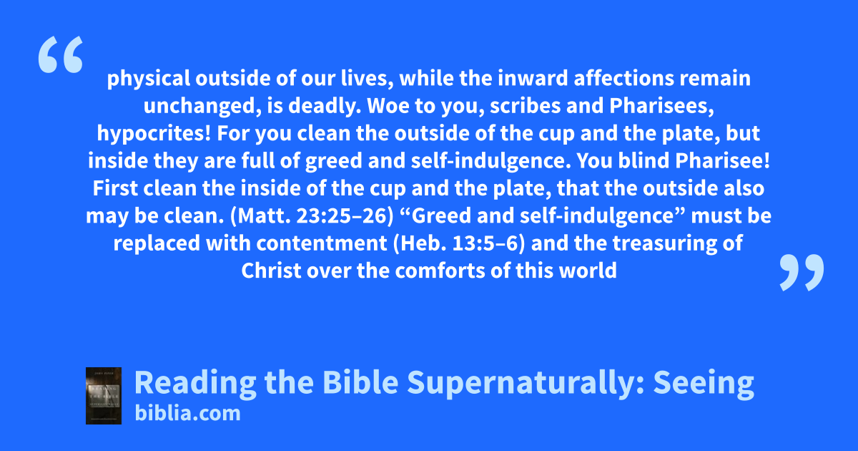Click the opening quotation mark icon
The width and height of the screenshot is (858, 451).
61,54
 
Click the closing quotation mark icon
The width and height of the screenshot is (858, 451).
802,272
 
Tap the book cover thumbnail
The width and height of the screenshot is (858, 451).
104,396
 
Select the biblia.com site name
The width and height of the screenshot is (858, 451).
187,414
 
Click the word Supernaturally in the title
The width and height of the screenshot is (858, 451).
526,383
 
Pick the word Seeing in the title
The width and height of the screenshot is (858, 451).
704,383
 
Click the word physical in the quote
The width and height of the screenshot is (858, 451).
148,79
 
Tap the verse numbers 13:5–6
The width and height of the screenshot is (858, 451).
488,243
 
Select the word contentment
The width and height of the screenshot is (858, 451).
322,243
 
